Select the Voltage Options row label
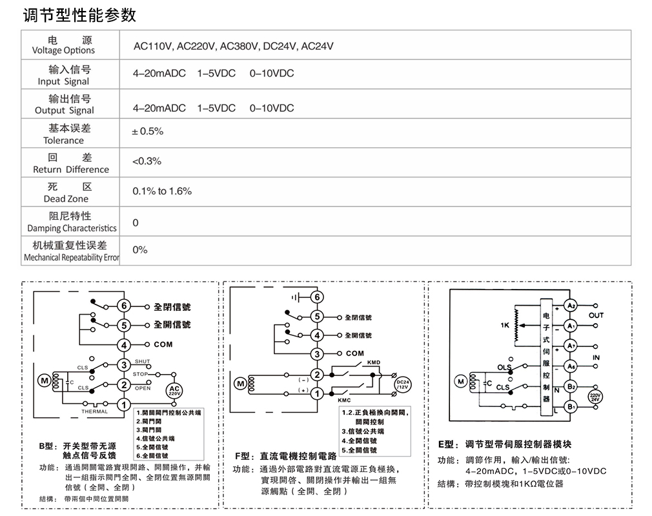tap(63, 45)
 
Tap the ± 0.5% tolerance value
tap(148, 132)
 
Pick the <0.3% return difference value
tap(147, 161)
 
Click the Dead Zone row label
tap(66, 193)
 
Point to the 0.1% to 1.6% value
tap(162, 192)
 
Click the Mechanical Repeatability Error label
tap(71, 252)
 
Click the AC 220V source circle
tap(175, 390)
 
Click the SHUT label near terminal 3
tap(142, 361)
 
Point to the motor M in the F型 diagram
tap(240, 383)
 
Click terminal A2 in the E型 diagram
tap(570, 306)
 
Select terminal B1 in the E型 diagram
tap(570, 407)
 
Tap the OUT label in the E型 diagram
tap(596, 315)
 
